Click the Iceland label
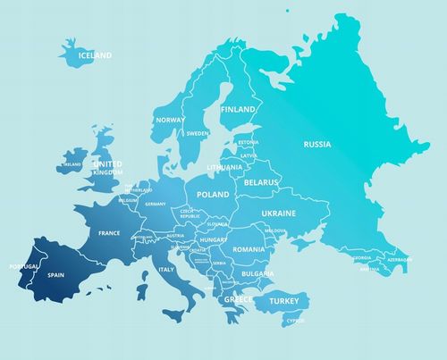(x=96, y=55)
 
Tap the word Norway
(x=170, y=120)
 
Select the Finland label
(x=238, y=109)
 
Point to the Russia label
(x=317, y=144)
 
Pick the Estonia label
(x=248, y=142)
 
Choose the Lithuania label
(x=224, y=167)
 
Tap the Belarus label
(x=262, y=182)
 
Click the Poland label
(x=213, y=193)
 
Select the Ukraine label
(x=278, y=213)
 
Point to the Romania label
(x=249, y=249)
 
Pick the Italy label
(x=166, y=269)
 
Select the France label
(x=109, y=233)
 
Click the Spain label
(x=56, y=277)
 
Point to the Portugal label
(x=23, y=266)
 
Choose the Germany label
(x=156, y=204)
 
